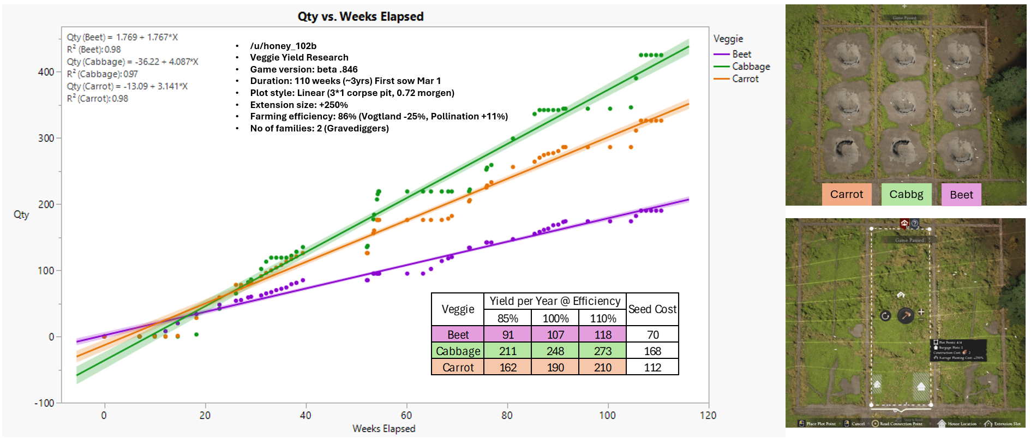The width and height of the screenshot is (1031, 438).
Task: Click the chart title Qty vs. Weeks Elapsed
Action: pyautogui.click(x=360, y=16)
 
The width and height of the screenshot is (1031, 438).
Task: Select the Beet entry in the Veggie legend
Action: pyautogui.click(x=741, y=54)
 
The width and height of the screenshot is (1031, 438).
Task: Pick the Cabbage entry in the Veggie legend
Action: pyautogui.click(x=750, y=67)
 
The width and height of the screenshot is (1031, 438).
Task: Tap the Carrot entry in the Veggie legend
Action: pyautogui.click(x=745, y=79)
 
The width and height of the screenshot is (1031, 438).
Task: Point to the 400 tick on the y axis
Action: pyautogui.click(x=46, y=72)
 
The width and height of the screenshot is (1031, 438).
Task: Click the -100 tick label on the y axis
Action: pyautogui.click(x=44, y=403)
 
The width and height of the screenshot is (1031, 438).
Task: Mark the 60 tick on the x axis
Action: pyautogui.click(x=406, y=415)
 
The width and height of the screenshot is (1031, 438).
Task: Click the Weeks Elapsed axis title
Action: pyautogui.click(x=383, y=429)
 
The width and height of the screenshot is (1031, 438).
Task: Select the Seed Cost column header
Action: pyautogui.click(x=652, y=309)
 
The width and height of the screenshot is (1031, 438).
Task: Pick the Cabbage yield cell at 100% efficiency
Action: pyautogui.click(x=555, y=351)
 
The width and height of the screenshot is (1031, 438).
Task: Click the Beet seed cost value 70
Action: pyautogui.click(x=652, y=335)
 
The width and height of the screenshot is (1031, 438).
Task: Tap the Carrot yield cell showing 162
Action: pyautogui.click(x=508, y=368)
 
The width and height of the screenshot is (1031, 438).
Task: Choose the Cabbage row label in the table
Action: pyautogui.click(x=458, y=351)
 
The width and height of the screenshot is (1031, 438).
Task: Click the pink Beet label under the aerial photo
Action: pyautogui.click(x=961, y=195)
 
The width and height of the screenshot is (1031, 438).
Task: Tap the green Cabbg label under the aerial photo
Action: pyautogui.click(x=906, y=194)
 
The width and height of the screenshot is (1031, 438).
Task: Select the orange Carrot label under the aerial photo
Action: pyautogui.click(x=846, y=194)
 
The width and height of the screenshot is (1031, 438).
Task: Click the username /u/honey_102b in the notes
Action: pyautogui.click(x=283, y=46)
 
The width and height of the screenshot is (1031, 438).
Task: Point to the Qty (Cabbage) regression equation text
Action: pyautogui.click(x=133, y=62)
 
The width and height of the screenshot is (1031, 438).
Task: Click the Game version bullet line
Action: pyautogui.click(x=303, y=69)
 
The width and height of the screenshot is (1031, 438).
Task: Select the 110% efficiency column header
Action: pyautogui.click(x=602, y=318)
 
